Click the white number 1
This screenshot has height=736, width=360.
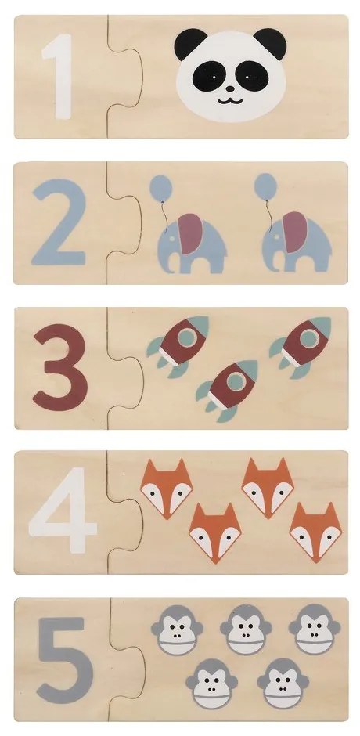point(60,76)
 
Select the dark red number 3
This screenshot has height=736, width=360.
point(60,366)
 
